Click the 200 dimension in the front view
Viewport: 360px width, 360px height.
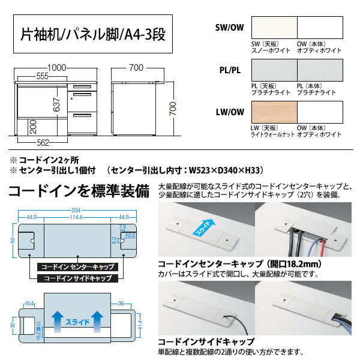pos(23,127)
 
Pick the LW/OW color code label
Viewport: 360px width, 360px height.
pos(229,112)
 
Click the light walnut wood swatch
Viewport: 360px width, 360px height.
pos(272,113)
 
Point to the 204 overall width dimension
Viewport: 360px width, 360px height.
pos(74,209)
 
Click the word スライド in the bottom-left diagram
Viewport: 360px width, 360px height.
pos(77,322)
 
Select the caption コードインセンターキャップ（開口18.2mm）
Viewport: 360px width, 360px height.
pos(232,263)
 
